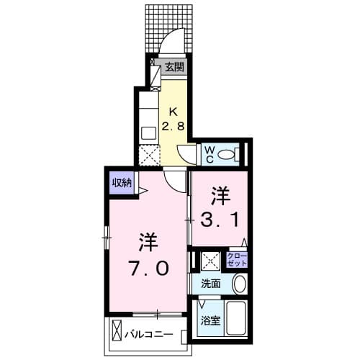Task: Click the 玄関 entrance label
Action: click(x=174, y=68)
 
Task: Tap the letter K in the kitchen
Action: click(x=173, y=111)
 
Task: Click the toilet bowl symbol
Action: click(x=228, y=153)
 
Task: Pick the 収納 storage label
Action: click(x=121, y=182)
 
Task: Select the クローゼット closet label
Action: click(x=235, y=260)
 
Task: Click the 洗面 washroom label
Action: click(x=211, y=283)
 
